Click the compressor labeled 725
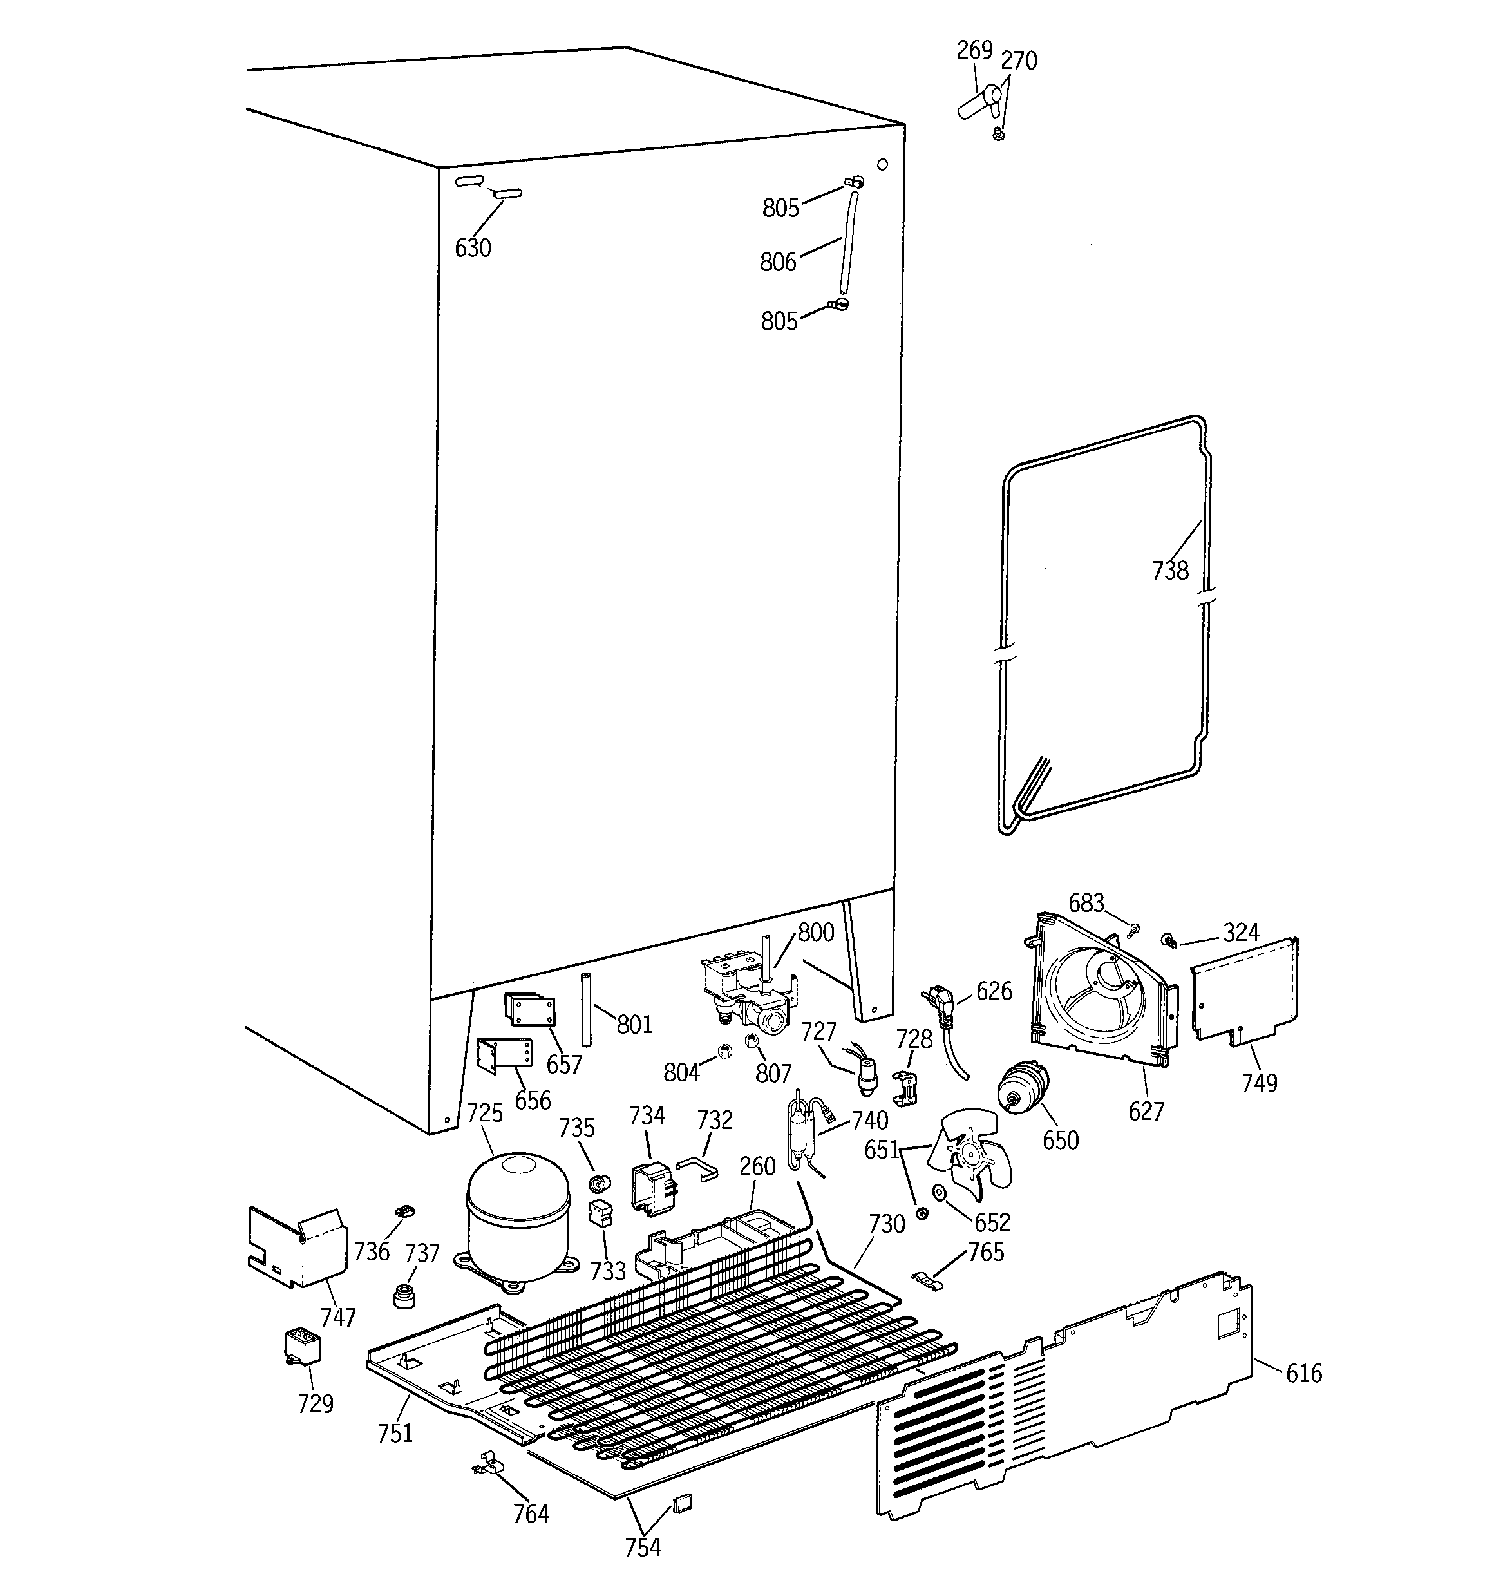click(517, 1219)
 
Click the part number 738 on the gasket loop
click(1170, 570)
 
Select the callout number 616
click(1303, 1374)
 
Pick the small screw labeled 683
click(1134, 930)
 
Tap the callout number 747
click(337, 1316)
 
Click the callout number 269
click(974, 50)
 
